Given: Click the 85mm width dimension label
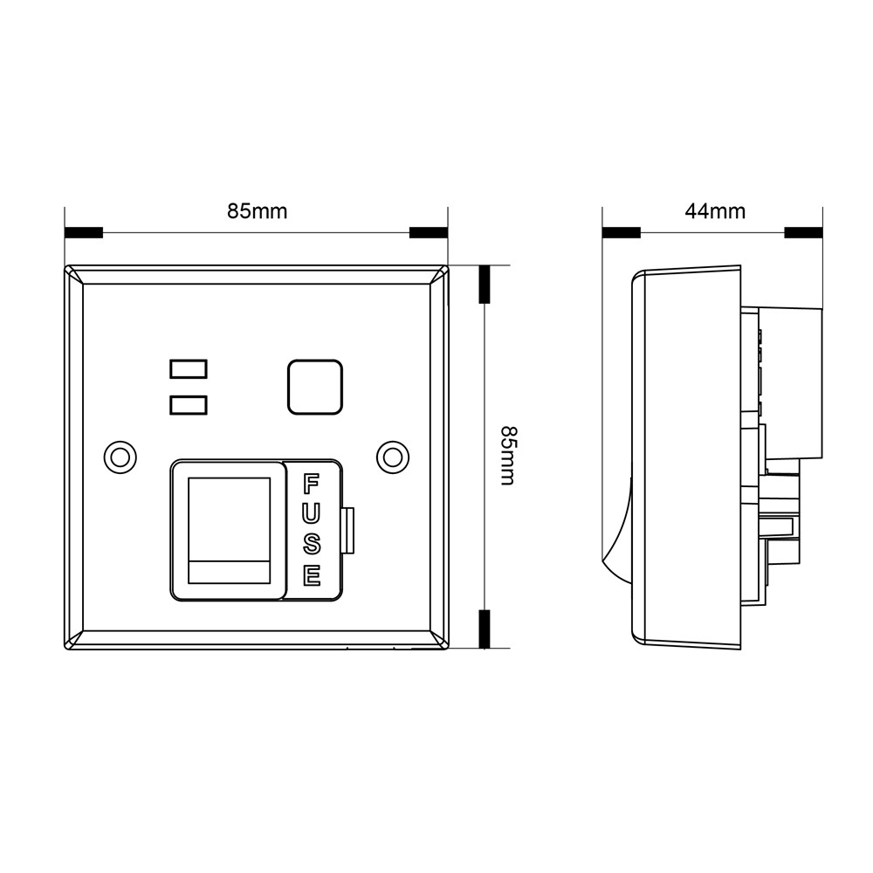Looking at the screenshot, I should point(257,211).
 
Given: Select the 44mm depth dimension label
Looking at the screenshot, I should point(715,211).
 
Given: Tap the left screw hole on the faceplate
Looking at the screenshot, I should point(120,456).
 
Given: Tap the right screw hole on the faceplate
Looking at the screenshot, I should point(394,456).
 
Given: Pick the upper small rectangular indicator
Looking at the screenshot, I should point(189,369).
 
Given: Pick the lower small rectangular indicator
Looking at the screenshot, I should point(189,404).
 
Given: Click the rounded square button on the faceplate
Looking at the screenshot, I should point(314,387).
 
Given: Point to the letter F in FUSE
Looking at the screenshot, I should point(311,484).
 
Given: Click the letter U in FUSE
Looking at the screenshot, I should point(311,514).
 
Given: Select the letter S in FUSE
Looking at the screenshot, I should point(311,545).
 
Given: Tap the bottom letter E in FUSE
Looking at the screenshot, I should point(311,575).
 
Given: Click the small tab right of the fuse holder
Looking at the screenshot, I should point(349,531).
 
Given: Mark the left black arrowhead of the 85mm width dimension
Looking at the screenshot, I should point(85,233).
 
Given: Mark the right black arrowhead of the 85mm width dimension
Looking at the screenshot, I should point(428,233).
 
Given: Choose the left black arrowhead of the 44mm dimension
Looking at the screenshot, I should point(622,233).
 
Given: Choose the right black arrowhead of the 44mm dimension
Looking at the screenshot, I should point(803,233).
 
